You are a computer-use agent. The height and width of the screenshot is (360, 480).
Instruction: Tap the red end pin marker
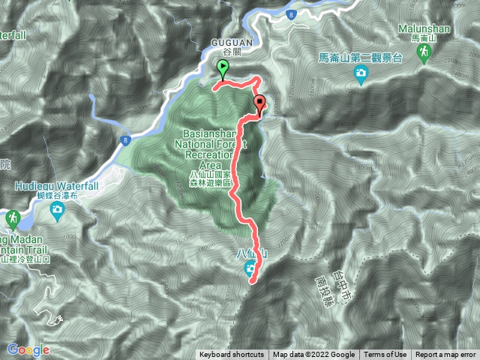(x=259, y=105)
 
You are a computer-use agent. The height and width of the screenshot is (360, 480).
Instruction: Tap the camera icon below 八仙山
(x=250, y=271)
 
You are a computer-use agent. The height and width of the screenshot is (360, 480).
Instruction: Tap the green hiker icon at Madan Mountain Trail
(x=11, y=218)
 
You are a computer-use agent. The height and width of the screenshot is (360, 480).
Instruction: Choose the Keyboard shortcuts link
(x=232, y=355)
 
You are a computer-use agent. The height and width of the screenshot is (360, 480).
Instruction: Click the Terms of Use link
(x=385, y=355)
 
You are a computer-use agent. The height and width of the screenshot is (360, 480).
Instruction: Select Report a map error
(x=445, y=355)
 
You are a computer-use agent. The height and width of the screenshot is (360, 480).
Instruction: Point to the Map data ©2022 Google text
(x=313, y=355)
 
